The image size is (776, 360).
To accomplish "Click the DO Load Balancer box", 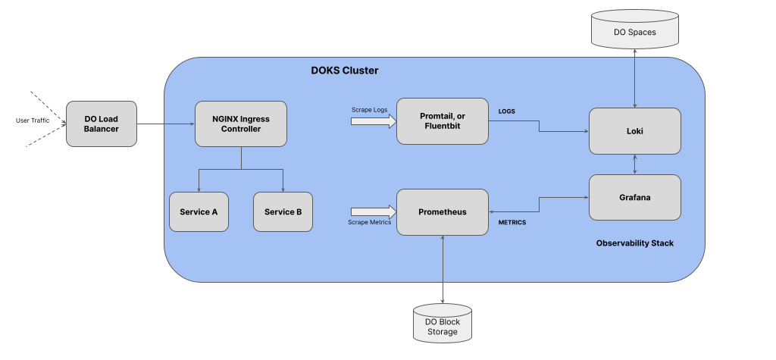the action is click(102, 124).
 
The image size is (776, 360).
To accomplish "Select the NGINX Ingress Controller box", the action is click(241, 124).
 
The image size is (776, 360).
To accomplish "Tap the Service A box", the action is click(199, 212).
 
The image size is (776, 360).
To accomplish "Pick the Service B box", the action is click(283, 212).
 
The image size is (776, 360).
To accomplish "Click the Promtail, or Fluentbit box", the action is click(443, 121).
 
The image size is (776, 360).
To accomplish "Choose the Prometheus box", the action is click(443, 212).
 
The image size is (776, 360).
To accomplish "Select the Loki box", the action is click(635, 131).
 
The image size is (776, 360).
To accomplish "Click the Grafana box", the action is click(635, 197).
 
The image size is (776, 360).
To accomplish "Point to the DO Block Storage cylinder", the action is click(443, 323).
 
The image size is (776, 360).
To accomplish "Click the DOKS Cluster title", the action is click(345, 70).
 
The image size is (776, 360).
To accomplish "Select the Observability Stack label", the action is click(635, 243).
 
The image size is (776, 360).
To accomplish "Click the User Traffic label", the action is click(33, 121).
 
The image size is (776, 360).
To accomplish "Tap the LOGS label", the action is click(506, 111).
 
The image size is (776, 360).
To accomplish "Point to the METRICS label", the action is click(512, 222).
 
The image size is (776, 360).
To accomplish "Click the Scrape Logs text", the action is click(370, 109).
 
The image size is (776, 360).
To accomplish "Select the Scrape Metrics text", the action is click(369, 222).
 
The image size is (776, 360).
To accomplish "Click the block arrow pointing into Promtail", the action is click(374, 121).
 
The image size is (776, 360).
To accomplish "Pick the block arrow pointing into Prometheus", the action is click(374, 212).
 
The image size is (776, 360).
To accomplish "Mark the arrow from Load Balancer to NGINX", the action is click(166, 124).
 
